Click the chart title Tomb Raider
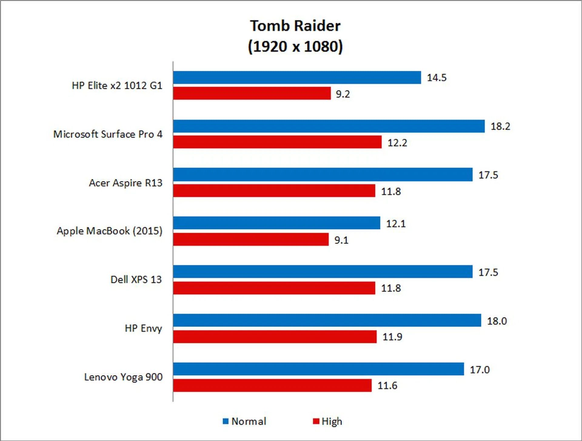295,26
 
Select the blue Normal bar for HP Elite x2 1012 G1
297,78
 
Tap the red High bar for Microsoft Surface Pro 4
277,142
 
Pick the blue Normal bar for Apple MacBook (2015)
276,223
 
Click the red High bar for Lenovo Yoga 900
272,385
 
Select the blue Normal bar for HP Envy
327,320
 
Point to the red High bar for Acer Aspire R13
274,191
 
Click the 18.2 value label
500,126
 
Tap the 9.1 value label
341,240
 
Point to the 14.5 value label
436,78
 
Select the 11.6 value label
387,385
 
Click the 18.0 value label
497,321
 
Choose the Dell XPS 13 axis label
136,279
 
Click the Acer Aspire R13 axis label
125,183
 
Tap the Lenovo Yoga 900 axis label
123,377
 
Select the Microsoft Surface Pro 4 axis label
108,134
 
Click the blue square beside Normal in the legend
226,421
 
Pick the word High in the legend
332,421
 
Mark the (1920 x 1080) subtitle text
295,47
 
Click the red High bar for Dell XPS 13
274,288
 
